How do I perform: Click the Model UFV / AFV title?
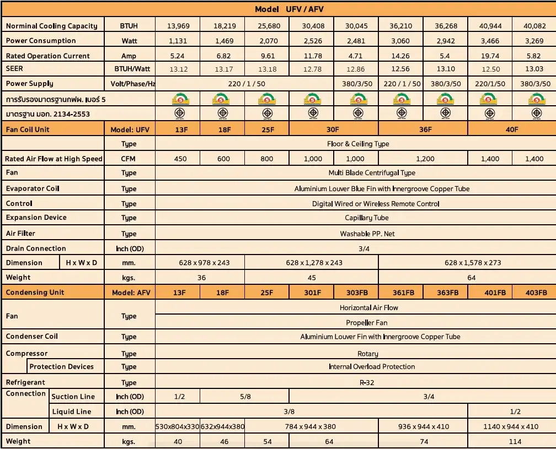293,9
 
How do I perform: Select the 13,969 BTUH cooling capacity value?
177,26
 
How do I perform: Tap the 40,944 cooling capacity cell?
489,26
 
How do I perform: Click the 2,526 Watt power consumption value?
313,41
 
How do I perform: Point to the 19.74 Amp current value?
489,56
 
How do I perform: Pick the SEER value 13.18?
267,69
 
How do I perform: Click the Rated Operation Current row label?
47,56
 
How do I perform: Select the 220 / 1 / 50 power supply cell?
245,84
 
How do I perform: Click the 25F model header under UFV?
267,129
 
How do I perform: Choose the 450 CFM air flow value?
180,159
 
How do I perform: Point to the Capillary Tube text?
367,218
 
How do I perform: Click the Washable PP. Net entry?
367,234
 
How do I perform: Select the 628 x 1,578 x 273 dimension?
473,263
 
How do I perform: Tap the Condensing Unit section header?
35,293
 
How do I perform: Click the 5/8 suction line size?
245,397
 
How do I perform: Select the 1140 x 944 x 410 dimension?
511,426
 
